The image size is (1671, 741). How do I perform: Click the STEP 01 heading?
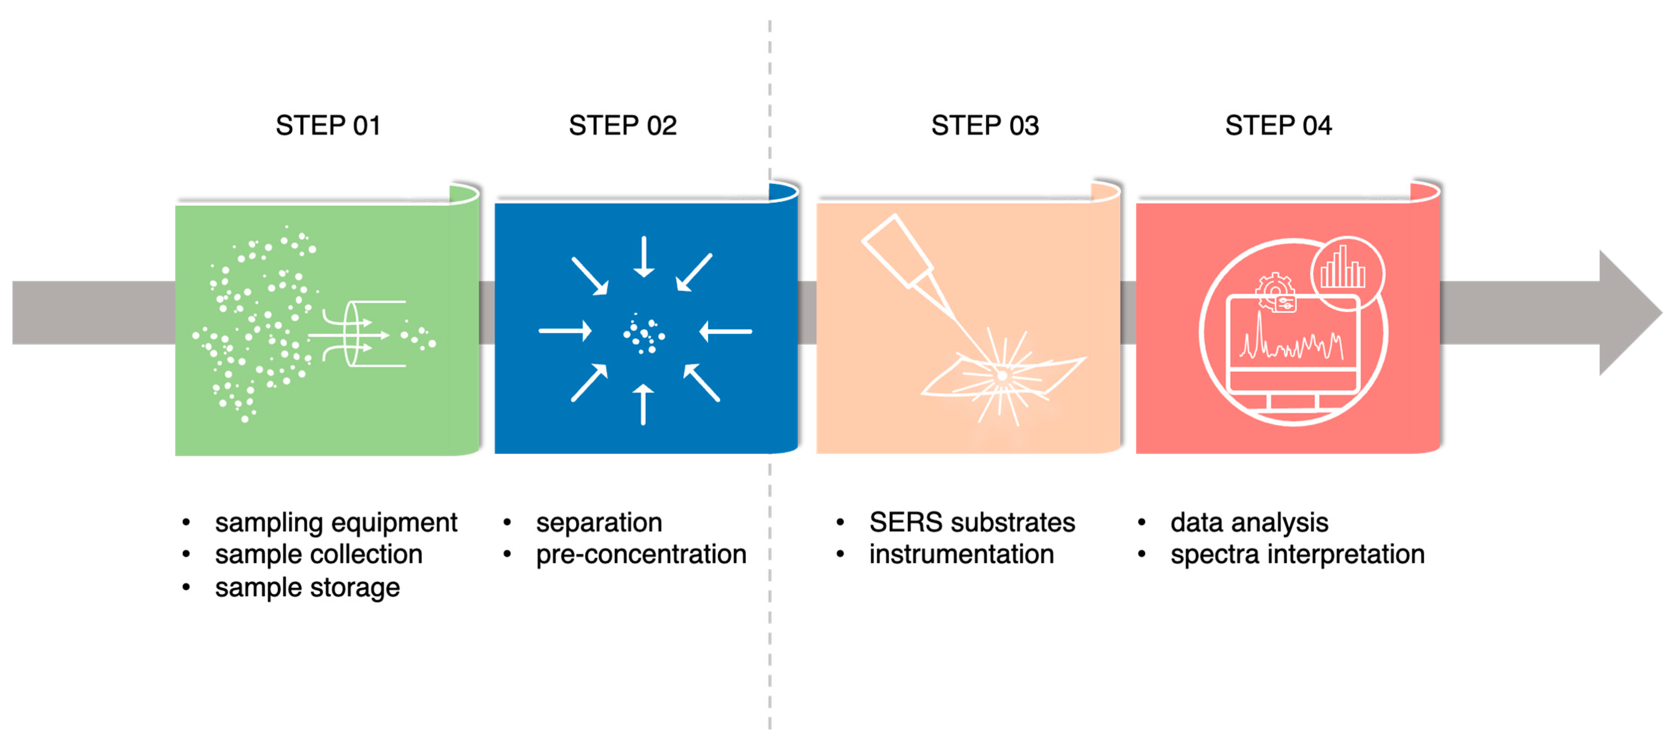pos(328,125)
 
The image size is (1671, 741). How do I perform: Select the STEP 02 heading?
pos(623,125)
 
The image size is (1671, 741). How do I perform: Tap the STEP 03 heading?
pos(985,125)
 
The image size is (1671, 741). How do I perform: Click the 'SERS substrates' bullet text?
pos(972,523)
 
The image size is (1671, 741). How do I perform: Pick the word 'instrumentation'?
pos(961,554)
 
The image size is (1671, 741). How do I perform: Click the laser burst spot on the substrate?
pos(1002,375)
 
